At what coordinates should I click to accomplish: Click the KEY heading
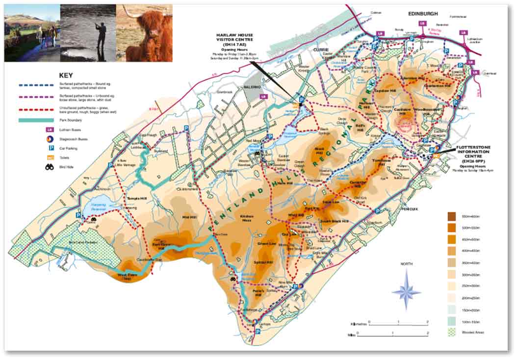(x=66, y=76)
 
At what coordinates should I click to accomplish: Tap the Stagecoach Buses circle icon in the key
(x=50, y=139)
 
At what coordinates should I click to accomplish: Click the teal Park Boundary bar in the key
(x=37, y=120)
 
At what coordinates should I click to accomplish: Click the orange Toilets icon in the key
(x=50, y=158)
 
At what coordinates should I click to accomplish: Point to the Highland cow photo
(x=144, y=33)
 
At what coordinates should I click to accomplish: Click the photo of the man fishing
(x=88, y=33)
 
